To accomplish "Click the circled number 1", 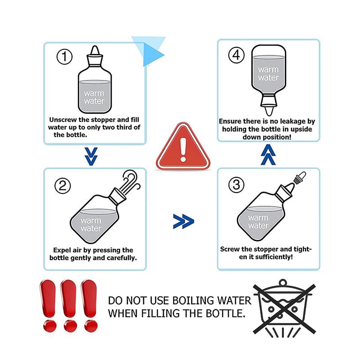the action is coord(64,57).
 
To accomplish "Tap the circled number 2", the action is coord(63,186).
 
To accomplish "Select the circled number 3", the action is coord(236,185).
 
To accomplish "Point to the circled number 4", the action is coord(236,55).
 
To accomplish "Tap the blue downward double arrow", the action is coord(91,157).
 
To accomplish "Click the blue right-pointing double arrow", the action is coord(184,221).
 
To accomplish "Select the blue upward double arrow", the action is coord(268,155).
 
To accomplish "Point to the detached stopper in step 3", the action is coord(300,178).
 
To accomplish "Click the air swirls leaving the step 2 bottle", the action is coord(130,181).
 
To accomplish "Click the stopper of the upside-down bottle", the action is coord(269,105).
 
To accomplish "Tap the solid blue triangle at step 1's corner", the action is coord(152,55).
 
